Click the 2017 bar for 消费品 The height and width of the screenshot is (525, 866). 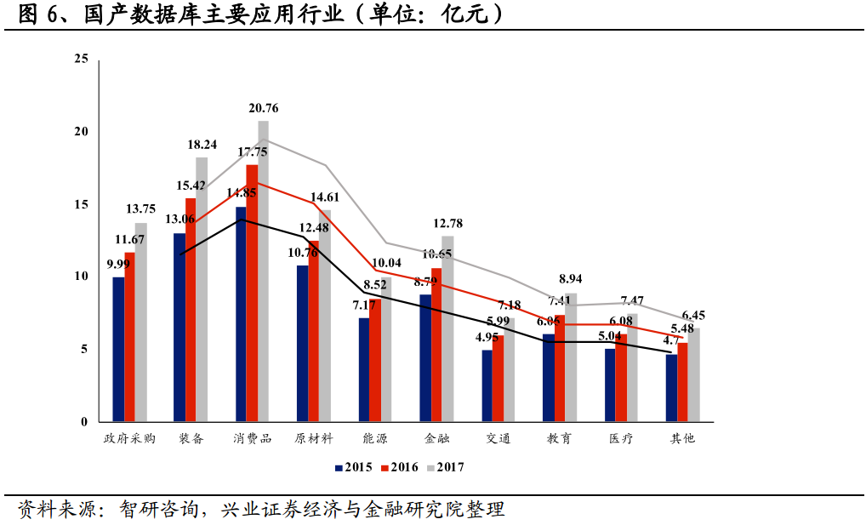click(x=263, y=272)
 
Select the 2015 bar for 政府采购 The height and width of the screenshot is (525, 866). click(x=118, y=349)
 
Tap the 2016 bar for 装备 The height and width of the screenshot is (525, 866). click(x=191, y=311)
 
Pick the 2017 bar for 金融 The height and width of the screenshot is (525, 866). click(x=447, y=329)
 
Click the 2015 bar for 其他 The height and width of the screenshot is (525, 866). click(x=671, y=387)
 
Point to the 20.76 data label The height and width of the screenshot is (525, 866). click(x=264, y=108)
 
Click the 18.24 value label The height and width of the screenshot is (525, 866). click(x=202, y=145)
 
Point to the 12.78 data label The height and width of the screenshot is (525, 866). click(x=447, y=224)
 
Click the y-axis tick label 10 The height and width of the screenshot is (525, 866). click(x=82, y=277)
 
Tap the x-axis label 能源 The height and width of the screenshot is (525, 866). click(x=375, y=439)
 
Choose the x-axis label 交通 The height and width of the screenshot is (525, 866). click(x=499, y=439)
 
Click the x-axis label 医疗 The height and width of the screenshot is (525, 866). click(x=621, y=439)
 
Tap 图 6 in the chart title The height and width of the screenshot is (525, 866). click(x=38, y=14)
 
